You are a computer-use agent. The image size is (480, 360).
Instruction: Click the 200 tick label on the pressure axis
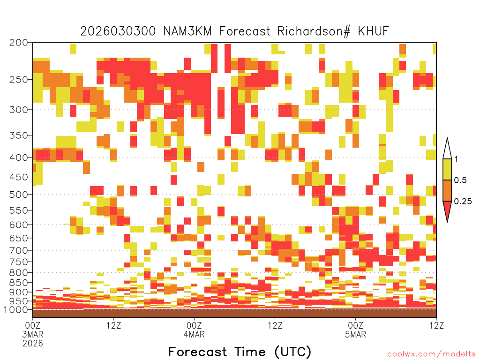pyautogui.click(x=19, y=43)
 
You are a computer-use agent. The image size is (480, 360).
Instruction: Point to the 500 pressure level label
pyautogui.click(x=19, y=195)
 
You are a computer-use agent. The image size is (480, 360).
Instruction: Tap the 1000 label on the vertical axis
pyautogui.click(x=15, y=309)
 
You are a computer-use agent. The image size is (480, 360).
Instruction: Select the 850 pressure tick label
pyautogui.click(x=19, y=283)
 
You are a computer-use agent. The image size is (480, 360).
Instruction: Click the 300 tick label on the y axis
pyautogui.click(x=19, y=110)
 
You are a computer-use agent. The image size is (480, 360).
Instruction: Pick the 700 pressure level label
pyautogui.click(x=19, y=250)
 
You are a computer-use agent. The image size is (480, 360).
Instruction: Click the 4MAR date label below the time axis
pyautogui.click(x=194, y=334)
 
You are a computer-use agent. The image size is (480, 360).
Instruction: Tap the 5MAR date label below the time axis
pyautogui.click(x=355, y=334)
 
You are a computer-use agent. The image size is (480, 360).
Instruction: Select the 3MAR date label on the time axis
pyautogui.click(x=33, y=334)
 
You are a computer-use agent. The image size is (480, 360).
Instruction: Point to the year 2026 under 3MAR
pyautogui.click(x=33, y=343)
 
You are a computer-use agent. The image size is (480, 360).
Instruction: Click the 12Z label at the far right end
pyautogui.click(x=436, y=325)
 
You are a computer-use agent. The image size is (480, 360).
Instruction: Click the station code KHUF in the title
pyautogui.click(x=373, y=31)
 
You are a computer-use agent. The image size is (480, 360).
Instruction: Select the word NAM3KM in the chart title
pyautogui.click(x=187, y=31)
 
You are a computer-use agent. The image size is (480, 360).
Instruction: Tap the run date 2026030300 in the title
pyautogui.click(x=118, y=31)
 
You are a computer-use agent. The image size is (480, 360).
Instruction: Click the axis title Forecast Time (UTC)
pyautogui.click(x=240, y=352)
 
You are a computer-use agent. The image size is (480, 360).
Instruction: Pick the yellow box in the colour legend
pyautogui.click(x=447, y=169)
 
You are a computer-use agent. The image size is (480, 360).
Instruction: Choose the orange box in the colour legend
pyautogui.click(x=447, y=190)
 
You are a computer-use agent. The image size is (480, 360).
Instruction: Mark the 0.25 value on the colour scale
pyautogui.click(x=463, y=202)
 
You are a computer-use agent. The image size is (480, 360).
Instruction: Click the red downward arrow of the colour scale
pyautogui.click(x=447, y=210)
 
